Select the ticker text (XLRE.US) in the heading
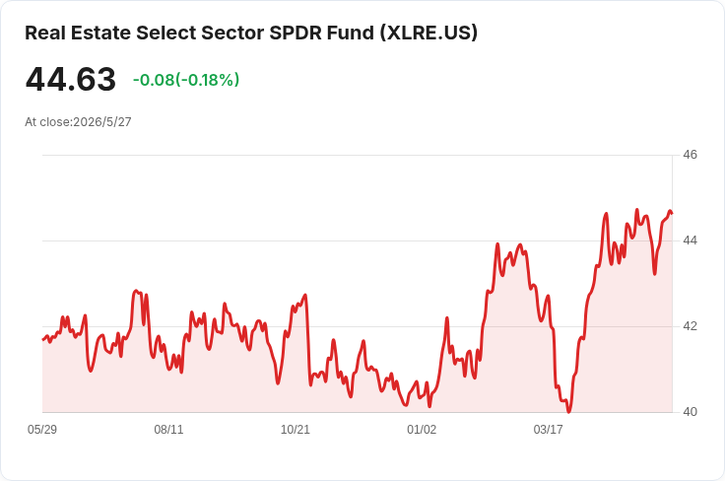coord(428,33)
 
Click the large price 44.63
coord(71,80)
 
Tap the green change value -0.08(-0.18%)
coord(186,80)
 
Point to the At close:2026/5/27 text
coord(78,122)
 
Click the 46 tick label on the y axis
coord(690,155)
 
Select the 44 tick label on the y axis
coord(690,240)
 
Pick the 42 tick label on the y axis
coord(690,326)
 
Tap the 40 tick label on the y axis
coord(690,412)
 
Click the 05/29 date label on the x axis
coord(42,430)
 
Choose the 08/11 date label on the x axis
coord(168,430)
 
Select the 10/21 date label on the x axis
coord(295,430)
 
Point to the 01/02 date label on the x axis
coord(422,430)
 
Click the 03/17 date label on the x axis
coord(549,430)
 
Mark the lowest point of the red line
coord(568,412)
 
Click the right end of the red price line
coord(672,213)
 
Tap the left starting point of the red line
coord(43,340)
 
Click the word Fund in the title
coord(350,33)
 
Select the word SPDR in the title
coord(296,33)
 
